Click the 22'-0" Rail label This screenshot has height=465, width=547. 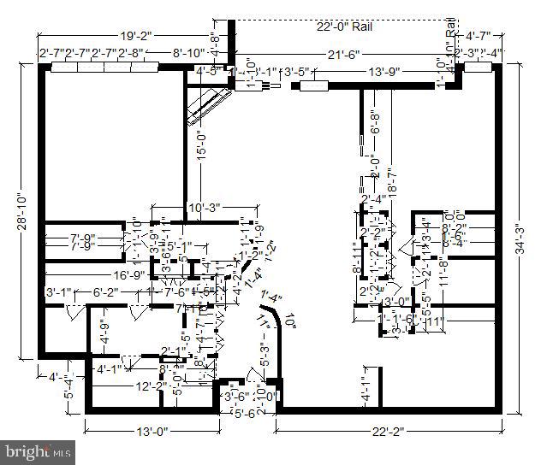click(346, 26)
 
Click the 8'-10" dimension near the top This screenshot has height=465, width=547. click(187, 53)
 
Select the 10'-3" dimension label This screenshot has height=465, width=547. click(205, 207)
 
